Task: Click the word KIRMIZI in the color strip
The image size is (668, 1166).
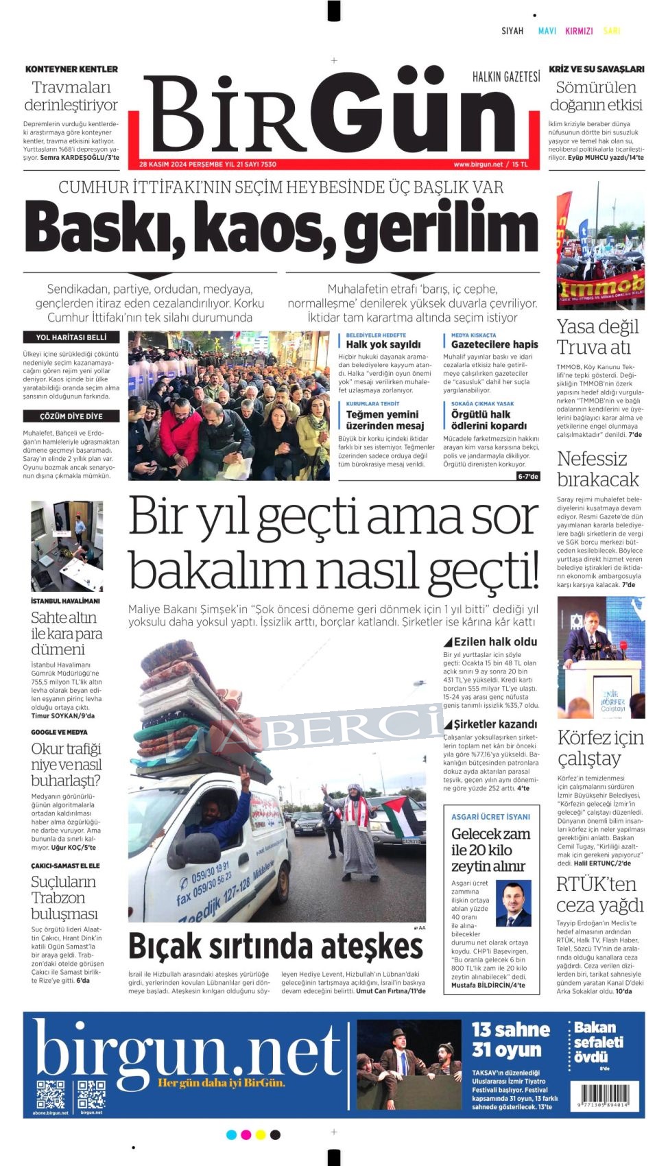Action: click(579, 31)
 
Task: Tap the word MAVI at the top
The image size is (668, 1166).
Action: click(547, 31)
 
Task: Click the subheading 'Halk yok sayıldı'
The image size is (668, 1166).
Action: click(383, 344)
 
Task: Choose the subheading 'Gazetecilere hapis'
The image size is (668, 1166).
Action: click(494, 344)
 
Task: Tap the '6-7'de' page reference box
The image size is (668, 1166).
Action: click(528, 476)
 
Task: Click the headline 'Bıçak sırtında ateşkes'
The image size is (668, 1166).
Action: click(276, 947)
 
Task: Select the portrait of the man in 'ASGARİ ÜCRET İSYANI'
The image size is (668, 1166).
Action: click(513, 904)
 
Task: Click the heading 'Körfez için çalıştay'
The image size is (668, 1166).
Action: click(600, 748)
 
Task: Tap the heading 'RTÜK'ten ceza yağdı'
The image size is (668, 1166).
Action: click(600, 894)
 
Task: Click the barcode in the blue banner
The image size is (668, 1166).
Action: click(604, 1094)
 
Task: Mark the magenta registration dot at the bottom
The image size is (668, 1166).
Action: click(246, 1135)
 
